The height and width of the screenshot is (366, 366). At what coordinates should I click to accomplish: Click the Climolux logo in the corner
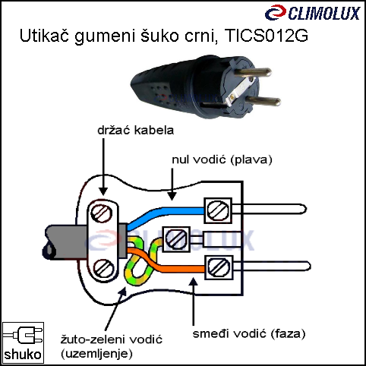tap(312, 13)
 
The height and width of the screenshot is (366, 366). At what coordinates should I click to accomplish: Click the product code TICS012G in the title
tap(267, 36)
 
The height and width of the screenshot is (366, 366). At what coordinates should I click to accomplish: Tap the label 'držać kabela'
tap(136, 131)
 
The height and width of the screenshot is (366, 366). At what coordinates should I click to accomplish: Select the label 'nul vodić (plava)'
tap(222, 159)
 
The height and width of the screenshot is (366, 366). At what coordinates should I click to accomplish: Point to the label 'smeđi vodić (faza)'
tap(249, 333)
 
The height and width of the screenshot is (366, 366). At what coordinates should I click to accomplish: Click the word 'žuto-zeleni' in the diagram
tap(93, 339)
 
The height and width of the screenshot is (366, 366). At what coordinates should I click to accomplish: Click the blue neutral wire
tap(165, 215)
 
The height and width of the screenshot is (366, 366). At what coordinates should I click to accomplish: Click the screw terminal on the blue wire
tap(218, 210)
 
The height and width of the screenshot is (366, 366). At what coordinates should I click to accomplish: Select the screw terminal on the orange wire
tap(219, 268)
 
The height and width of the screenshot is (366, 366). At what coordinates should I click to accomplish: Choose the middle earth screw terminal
tap(176, 239)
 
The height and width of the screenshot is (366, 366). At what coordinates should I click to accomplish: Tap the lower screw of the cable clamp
tap(103, 269)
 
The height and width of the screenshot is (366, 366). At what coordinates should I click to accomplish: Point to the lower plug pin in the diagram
tap(271, 267)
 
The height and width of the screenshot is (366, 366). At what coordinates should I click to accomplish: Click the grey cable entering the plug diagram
tap(66, 242)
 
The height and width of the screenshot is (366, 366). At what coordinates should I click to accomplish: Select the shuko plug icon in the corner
tap(23, 343)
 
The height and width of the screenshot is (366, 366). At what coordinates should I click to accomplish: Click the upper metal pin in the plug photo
tap(252, 72)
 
